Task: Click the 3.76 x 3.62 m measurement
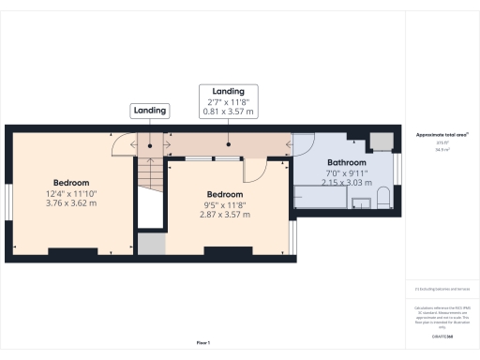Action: point(71,202)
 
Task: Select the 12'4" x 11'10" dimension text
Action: point(71,192)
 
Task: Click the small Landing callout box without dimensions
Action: point(150,111)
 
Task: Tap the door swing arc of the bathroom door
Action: point(302,146)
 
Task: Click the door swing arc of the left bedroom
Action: point(122,146)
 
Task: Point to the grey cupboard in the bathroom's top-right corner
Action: point(380,142)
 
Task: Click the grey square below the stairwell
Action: point(150,243)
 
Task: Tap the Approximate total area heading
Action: point(442,135)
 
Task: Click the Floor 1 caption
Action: point(202,344)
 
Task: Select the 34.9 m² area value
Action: point(442,149)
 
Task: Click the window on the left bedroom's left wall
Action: point(8,203)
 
